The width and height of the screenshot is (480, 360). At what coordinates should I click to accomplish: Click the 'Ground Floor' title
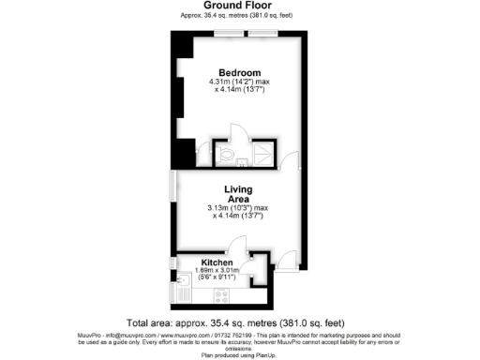(239, 6)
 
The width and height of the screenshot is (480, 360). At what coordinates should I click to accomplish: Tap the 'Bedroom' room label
(239, 72)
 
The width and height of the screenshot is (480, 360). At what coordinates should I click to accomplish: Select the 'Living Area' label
(239, 194)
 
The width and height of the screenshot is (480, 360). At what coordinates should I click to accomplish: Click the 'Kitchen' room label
(217, 263)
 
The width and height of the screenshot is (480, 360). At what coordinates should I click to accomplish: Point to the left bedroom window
(228, 35)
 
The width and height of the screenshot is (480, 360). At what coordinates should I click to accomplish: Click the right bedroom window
(263, 35)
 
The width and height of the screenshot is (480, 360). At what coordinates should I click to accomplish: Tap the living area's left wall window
(172, 185)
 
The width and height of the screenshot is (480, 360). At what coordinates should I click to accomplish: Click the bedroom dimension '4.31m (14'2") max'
(239, 82)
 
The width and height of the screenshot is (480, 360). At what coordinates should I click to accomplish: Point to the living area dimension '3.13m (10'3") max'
(239, 208)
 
